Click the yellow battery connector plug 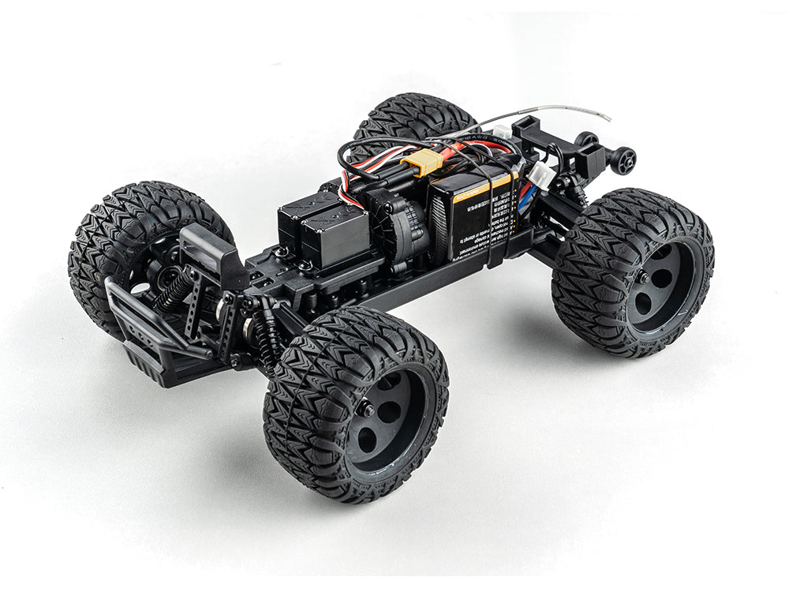pos(423,161)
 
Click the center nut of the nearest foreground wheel pos(367,409)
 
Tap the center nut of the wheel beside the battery pos(644,277)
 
